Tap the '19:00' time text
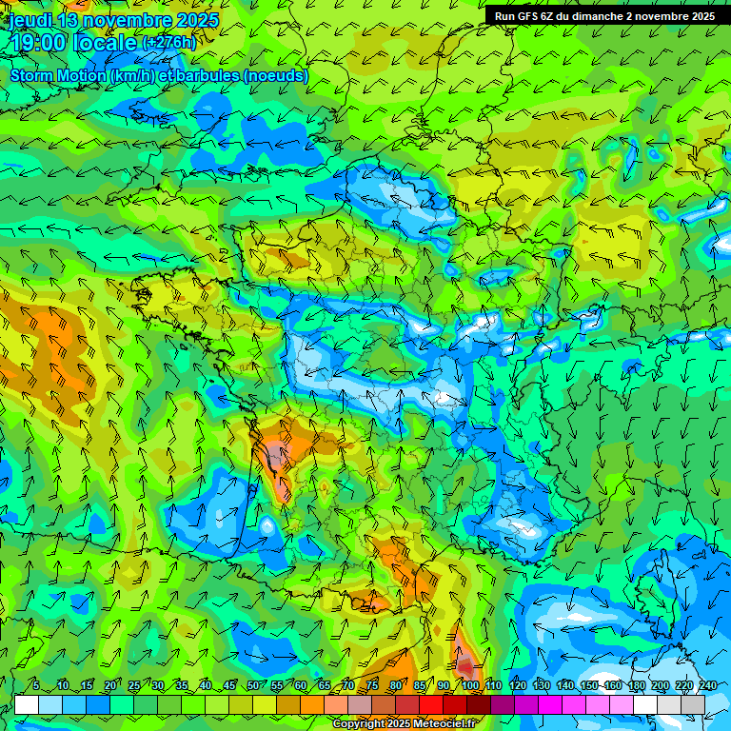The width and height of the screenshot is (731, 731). [40, 43]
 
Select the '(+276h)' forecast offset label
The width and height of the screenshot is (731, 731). [169, 43]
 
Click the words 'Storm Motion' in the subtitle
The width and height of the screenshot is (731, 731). [58, 75]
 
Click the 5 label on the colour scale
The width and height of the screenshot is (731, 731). [36, 685]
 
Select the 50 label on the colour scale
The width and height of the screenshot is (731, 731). [252, 685]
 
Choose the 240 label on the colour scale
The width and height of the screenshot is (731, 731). [707, 685]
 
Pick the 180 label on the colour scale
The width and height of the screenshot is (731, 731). [636, 685]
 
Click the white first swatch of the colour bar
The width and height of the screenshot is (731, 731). [26, 704]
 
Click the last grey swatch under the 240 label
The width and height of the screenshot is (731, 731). [693, 704]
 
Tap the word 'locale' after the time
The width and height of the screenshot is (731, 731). [105, 43]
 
